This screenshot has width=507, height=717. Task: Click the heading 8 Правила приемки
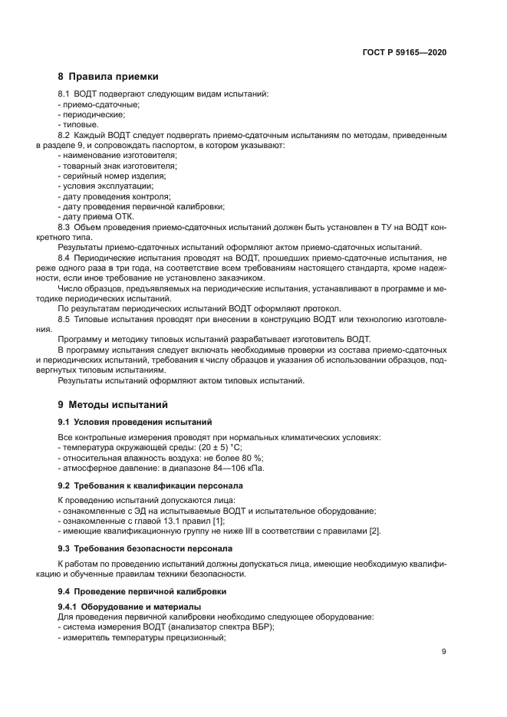coord(108,77)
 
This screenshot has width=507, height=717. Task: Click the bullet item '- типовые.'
coord(77,124)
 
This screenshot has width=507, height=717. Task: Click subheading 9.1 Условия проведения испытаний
coord(134,423)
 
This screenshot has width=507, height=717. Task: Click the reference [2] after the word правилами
coord(374,531)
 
